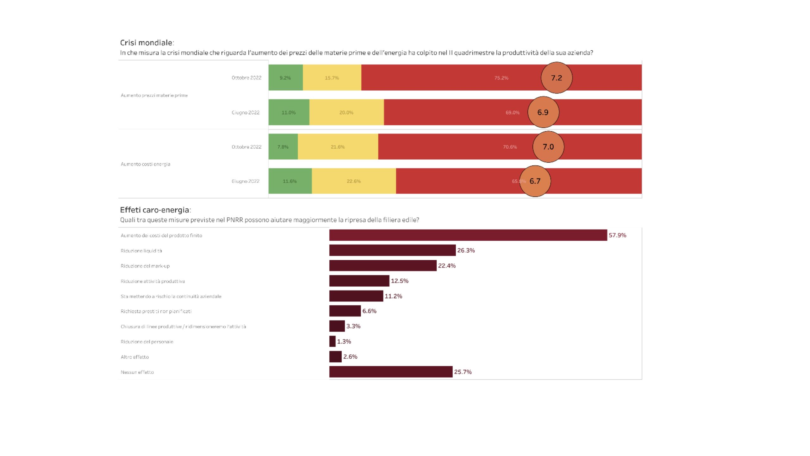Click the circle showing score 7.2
click(557, 78)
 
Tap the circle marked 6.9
click(543, 112)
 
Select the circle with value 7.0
click(548, 147)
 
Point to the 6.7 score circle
click(535, 181)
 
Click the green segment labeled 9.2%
click(285, 78)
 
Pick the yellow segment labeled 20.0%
click(346, 112)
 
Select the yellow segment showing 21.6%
click(338, 147)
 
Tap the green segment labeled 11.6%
click(290, 181)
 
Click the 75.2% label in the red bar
click(501, 78)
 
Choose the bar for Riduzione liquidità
click(392, 250)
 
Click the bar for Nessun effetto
click(391, 372)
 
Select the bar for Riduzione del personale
click(332, 341)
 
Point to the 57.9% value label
click(617, 235)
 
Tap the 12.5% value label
click(400, 281)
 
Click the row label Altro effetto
click(134, 357)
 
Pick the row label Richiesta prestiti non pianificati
click(156, 311)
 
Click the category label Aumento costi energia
click(146, 164)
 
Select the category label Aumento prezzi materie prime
click(154, 95)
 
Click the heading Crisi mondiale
click(147, 43)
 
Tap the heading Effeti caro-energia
click(155, 210)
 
